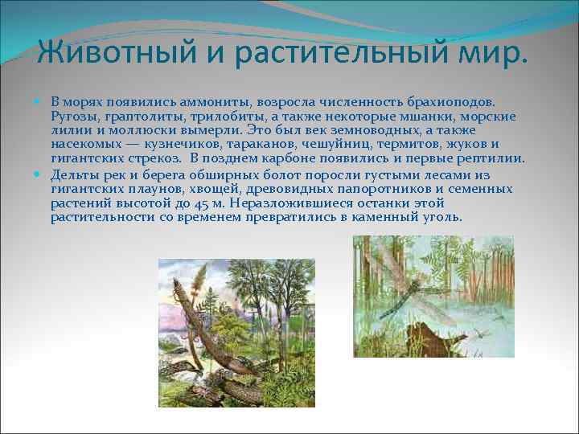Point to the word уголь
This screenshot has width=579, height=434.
point(441,218)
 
